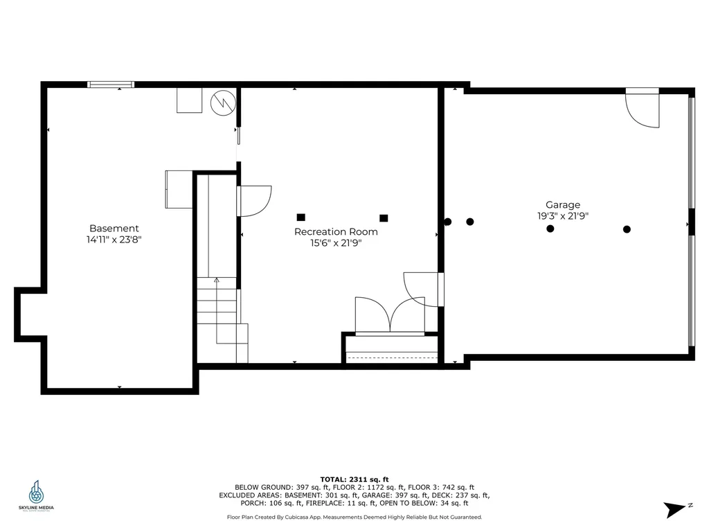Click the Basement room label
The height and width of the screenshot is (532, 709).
tap(114, 228)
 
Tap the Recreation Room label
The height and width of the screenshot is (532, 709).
tap(336, 231)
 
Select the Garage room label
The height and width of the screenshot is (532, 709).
tap(563, 204)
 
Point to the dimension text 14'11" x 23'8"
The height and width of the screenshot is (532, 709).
tap(114, 240)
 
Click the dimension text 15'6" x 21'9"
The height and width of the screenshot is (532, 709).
tap(336, 243)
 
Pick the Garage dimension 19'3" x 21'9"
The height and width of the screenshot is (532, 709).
tap(563, 215)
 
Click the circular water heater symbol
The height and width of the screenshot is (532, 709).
tap(223, 102)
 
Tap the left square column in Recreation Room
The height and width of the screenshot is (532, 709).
tap(300, 217)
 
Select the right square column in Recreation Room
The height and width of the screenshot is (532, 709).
tap(384, 218)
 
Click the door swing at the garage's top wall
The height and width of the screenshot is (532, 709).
tap(642, 109)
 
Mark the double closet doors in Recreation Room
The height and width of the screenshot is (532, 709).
tap(390, 317)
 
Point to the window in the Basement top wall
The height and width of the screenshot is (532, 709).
tap(111, 85)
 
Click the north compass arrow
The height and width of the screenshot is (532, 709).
tap(674, 510)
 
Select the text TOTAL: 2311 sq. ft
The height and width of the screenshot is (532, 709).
tap(354, 479)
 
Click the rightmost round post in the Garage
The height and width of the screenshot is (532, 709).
tap(627, 229)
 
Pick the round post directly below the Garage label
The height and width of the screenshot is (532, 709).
tap(550, 229)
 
